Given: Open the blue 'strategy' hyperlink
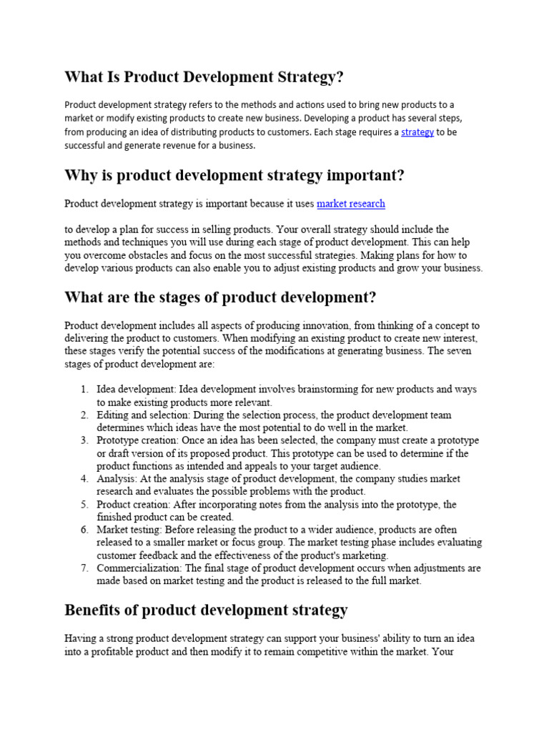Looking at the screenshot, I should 417,132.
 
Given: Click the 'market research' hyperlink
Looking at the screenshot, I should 350,204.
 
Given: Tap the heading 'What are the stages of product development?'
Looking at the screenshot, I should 220,297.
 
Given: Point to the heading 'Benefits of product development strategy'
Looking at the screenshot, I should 206,610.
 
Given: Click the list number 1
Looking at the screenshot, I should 84,390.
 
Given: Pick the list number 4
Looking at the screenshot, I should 84,479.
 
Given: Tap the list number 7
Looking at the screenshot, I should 84,568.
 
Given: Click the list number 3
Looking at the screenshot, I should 84,440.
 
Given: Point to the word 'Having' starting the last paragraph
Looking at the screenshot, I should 79,638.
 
